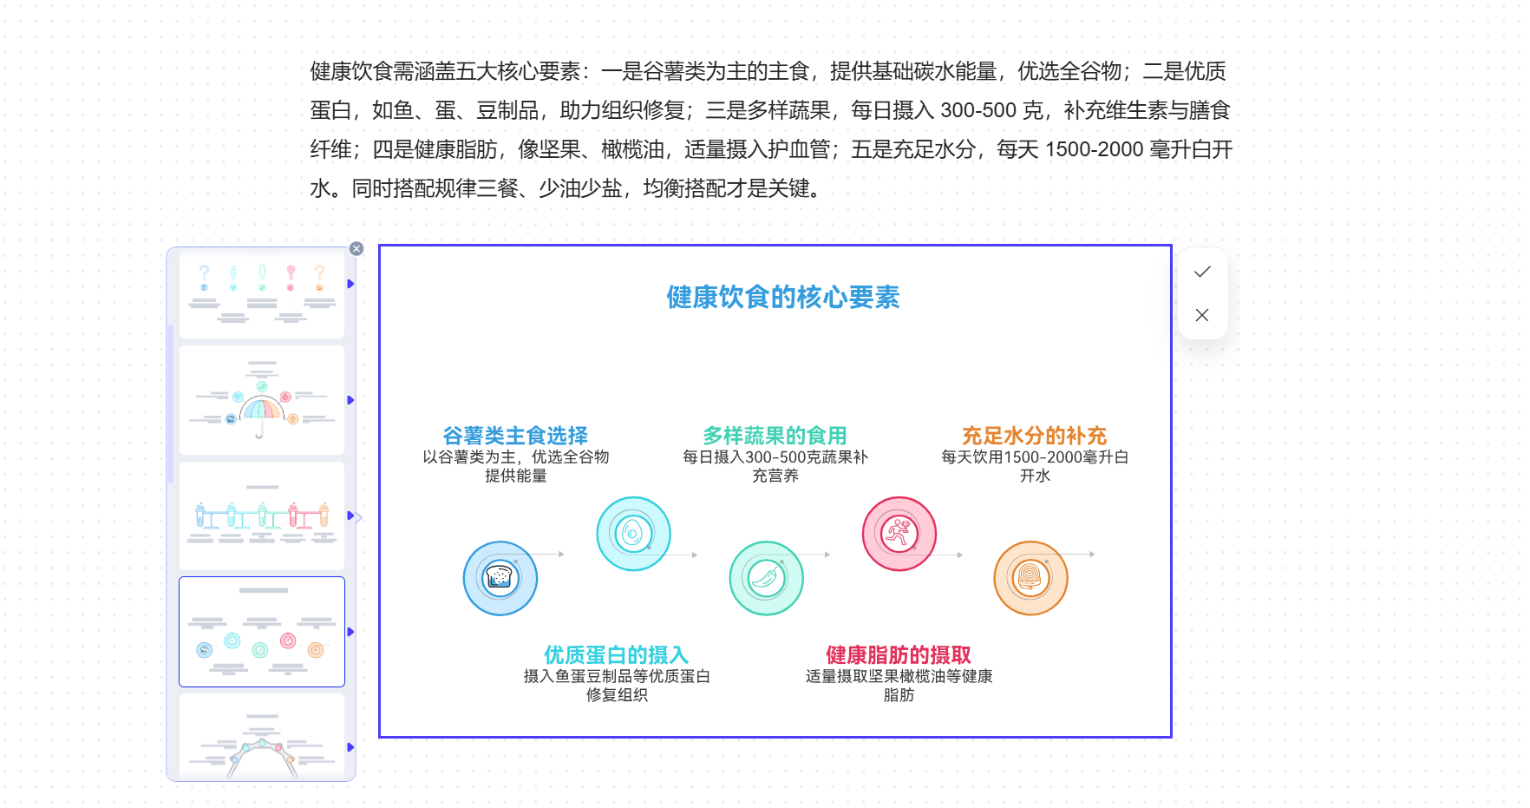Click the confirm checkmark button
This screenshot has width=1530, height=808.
1202,273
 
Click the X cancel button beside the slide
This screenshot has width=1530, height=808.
1202,315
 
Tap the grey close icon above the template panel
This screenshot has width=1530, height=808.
356,249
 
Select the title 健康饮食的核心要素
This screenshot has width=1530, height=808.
782,298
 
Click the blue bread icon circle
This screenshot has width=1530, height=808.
500,578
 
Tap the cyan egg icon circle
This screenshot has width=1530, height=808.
633,534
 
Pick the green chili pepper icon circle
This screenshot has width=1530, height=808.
767,578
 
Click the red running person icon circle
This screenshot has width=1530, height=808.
899,534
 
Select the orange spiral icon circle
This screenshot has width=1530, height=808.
1030,578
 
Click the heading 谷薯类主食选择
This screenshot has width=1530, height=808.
515,435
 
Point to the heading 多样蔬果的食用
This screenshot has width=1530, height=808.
775,435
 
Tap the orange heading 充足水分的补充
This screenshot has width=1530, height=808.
1034,435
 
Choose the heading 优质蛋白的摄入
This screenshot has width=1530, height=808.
616,654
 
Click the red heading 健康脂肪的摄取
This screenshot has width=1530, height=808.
899,654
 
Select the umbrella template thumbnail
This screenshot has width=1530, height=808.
261,400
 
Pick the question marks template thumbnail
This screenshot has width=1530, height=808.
261,293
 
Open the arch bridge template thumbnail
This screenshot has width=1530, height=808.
261,738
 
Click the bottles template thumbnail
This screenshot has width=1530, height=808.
261,516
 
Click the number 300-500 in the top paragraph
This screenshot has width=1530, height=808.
978,111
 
